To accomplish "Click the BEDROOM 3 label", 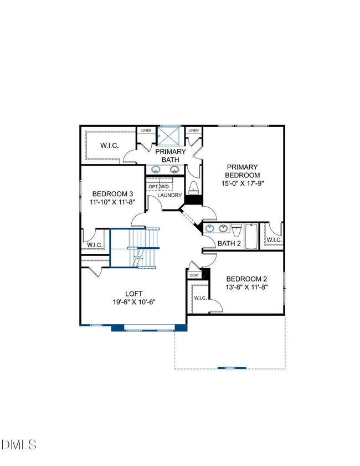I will point(112,193).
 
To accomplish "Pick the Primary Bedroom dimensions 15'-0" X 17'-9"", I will point(242,183).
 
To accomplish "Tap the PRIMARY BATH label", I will point(170,156).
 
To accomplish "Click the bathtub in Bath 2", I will point(250,236).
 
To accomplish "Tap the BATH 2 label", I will point(229,243).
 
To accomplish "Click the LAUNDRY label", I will point(169,196).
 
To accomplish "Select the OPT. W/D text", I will point(159,186).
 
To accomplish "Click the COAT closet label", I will point(194,275).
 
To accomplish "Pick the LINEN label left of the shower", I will point(146,131).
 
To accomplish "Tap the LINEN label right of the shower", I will point(193,131).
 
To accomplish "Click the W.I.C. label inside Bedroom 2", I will point(200,298).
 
